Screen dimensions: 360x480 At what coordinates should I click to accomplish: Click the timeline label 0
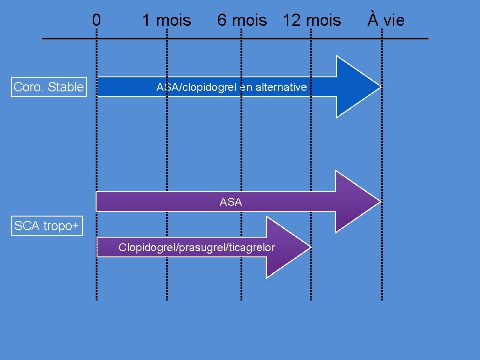pyautogui.click(x=96, y=20)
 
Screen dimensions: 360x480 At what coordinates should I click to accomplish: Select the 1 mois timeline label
pyautogui.click(x=166, y=21)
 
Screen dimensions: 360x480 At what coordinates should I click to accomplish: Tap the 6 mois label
pyautogui.click(x=242, y=21)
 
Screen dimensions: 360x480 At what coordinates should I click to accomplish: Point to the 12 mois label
pyautogui.click(x=312, y=21)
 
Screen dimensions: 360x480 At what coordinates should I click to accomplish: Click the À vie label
pyautogui.click(x=385, y=20)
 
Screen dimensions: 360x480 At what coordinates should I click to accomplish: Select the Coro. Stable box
pyautogui.click(x=49, y=87)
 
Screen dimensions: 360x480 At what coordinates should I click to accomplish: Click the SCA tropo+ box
pyautogui.click(x=46, y=226)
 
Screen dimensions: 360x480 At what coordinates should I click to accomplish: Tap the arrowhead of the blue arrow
pyautogui.click(x=356, y=87)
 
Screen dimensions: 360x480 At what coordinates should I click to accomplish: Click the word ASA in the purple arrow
pyautogui.click(x=231, y=202)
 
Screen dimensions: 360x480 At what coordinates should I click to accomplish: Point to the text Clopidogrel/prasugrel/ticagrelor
pyautogui.click(x=197, y=247)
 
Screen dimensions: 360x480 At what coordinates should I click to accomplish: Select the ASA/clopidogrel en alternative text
pyautogui.click(x=232, y=87)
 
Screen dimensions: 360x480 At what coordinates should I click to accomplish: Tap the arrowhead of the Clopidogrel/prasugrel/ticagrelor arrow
pyautogui.click(x=287, y=247)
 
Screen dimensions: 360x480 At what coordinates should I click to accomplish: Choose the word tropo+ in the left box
pyautogui.click(x=60, y=226)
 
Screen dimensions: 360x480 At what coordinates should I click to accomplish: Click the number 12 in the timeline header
pyautogui.click(x=291, y=21)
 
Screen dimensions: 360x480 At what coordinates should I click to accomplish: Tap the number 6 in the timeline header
pyautogui.click(x=221, y=21)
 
